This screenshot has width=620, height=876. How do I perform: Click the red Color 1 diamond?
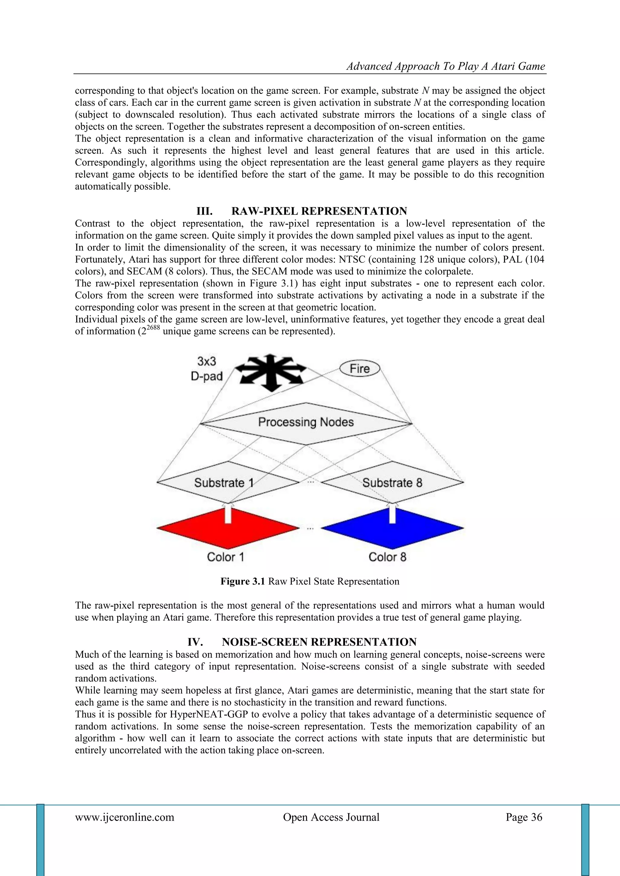[228, 528]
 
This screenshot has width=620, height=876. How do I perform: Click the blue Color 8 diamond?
[392, 528]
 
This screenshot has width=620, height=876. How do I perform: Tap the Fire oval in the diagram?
[360, 369]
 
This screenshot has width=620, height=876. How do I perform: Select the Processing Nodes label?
[306, 422]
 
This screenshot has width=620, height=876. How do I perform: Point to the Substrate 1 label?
[224, 483]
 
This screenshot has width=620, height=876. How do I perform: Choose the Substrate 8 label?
[392, 483]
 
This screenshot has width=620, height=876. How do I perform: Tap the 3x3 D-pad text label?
[206, 369]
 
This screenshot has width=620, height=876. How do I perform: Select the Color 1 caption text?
[225, 557]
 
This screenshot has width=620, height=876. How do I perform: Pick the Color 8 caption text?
[387, 557]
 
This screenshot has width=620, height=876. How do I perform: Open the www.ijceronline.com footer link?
[124, 817]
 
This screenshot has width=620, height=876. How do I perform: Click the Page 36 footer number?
[524, 817]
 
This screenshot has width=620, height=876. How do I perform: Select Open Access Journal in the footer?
[331, 817]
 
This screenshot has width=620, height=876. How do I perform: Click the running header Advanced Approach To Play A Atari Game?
[446, 66]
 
